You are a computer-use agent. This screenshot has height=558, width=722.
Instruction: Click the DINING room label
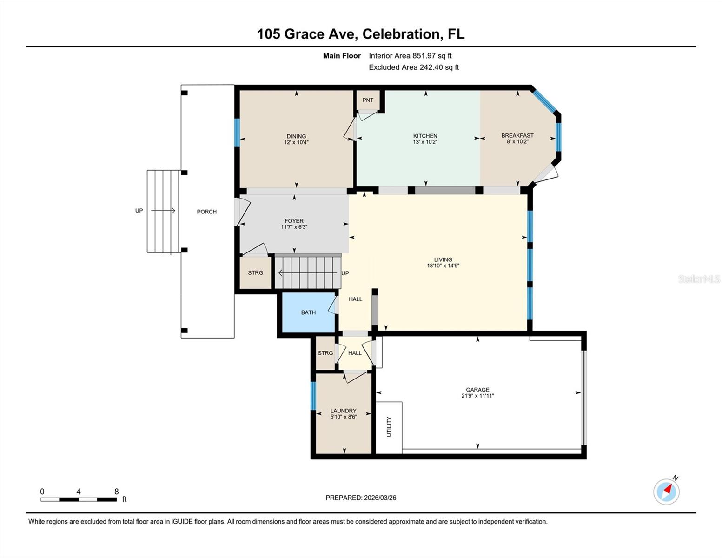click(x=296, y=136)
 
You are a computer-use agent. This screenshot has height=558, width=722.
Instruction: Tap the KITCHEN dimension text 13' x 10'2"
click(x=425, y=142)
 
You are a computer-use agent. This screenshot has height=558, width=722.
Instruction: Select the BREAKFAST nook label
click(x=517, y=136)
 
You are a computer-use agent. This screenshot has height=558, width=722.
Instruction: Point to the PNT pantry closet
click(x=368, y=100)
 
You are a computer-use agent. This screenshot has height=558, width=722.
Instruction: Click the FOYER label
click(x=294, y=221)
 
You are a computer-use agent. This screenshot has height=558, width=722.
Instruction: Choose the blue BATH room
click(x=308, y=312)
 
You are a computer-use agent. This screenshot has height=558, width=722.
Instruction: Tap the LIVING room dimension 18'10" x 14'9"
click(x=443, y=266)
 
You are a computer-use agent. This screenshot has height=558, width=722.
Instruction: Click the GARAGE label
click(x=477, y=390)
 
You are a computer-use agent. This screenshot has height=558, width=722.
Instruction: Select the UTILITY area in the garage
click(x=389, y=427)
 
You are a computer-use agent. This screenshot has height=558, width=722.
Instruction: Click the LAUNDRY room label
click(x=343, y=411)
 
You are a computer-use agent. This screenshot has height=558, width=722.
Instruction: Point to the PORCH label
click(x=206, y=212)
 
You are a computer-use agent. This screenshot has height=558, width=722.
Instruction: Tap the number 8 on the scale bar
click(x=116, y=492)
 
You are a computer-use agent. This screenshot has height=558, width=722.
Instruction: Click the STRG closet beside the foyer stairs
click(x=255, y=273)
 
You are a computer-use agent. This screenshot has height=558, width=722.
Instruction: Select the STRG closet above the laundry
click(x=325, y=353)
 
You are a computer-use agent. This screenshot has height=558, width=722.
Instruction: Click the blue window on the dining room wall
click(x=237, y=133)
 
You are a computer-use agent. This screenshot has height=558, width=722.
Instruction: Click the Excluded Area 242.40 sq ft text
click(x=414, y=67)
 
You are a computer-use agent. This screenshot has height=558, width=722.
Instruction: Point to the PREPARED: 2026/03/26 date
click(x=361, y=498)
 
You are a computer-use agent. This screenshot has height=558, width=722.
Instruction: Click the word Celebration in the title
click(x=401, y=34)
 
